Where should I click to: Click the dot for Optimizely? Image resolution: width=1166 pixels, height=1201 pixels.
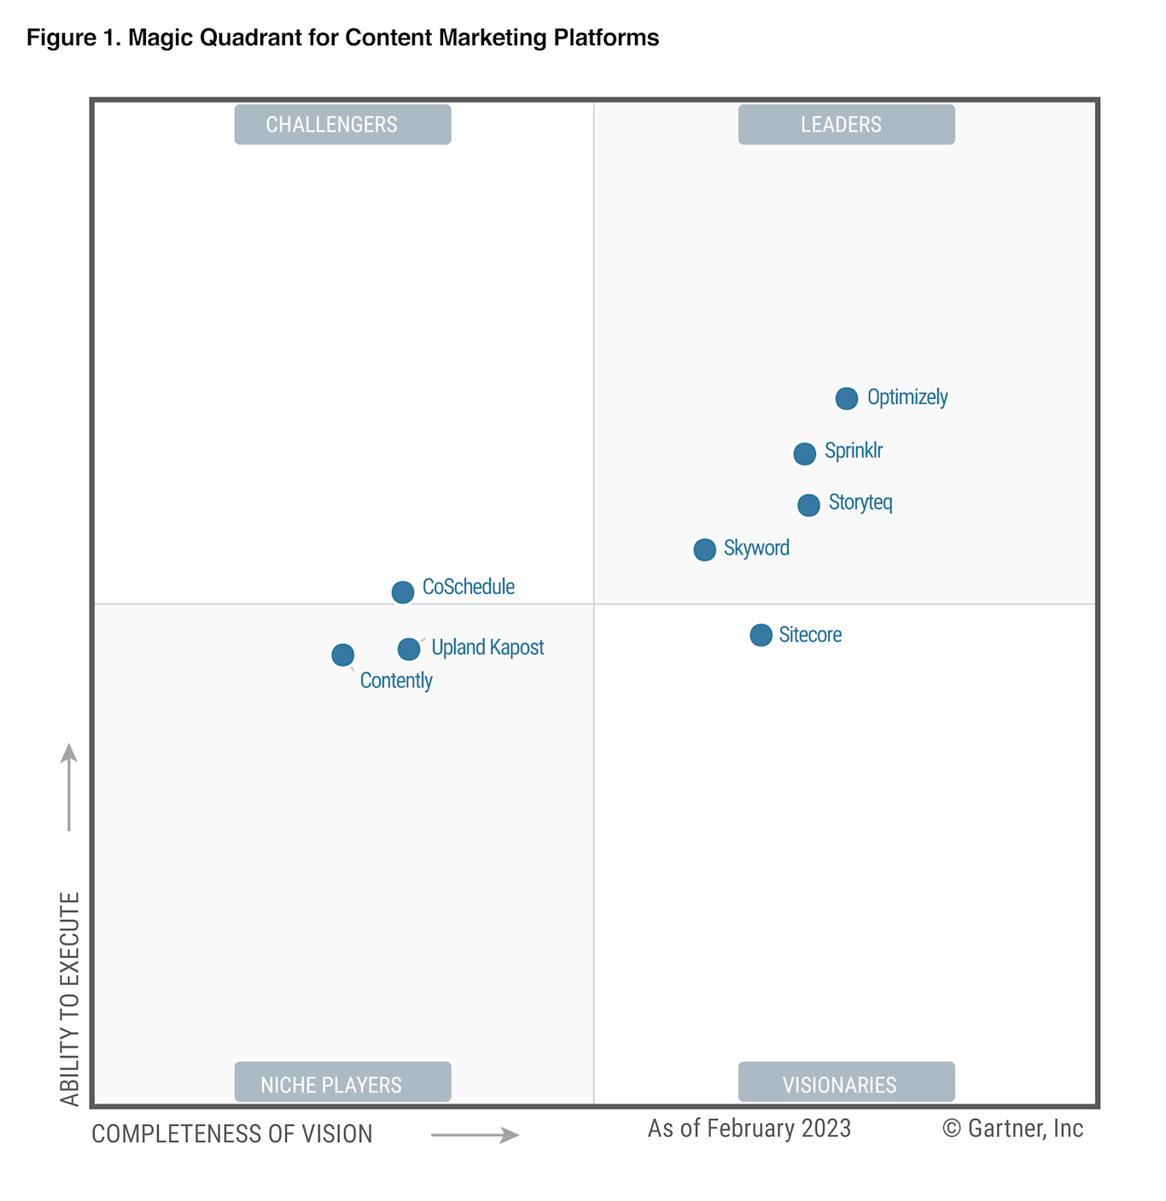846,398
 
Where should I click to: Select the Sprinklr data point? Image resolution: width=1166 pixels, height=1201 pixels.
804,454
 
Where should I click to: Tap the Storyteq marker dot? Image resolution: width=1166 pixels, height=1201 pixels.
808,505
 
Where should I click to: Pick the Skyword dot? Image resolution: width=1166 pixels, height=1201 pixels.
704,549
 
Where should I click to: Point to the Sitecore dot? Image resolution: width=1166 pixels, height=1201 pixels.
761,635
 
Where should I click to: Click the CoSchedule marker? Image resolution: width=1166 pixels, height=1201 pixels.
403,591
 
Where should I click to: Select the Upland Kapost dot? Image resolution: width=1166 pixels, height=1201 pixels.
409,649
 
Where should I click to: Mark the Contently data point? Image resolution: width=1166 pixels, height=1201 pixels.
343,655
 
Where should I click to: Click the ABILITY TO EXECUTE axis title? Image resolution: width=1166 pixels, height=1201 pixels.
70,999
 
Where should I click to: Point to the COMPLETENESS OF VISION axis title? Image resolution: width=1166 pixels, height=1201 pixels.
232,1134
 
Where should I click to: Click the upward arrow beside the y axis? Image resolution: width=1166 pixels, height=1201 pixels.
69,787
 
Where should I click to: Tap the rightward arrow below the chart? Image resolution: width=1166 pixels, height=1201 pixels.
475,1135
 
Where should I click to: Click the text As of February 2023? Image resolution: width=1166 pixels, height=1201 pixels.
749,1128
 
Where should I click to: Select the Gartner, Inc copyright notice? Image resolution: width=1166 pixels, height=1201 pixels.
1012,1128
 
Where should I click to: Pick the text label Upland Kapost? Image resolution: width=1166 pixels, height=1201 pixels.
487,647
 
